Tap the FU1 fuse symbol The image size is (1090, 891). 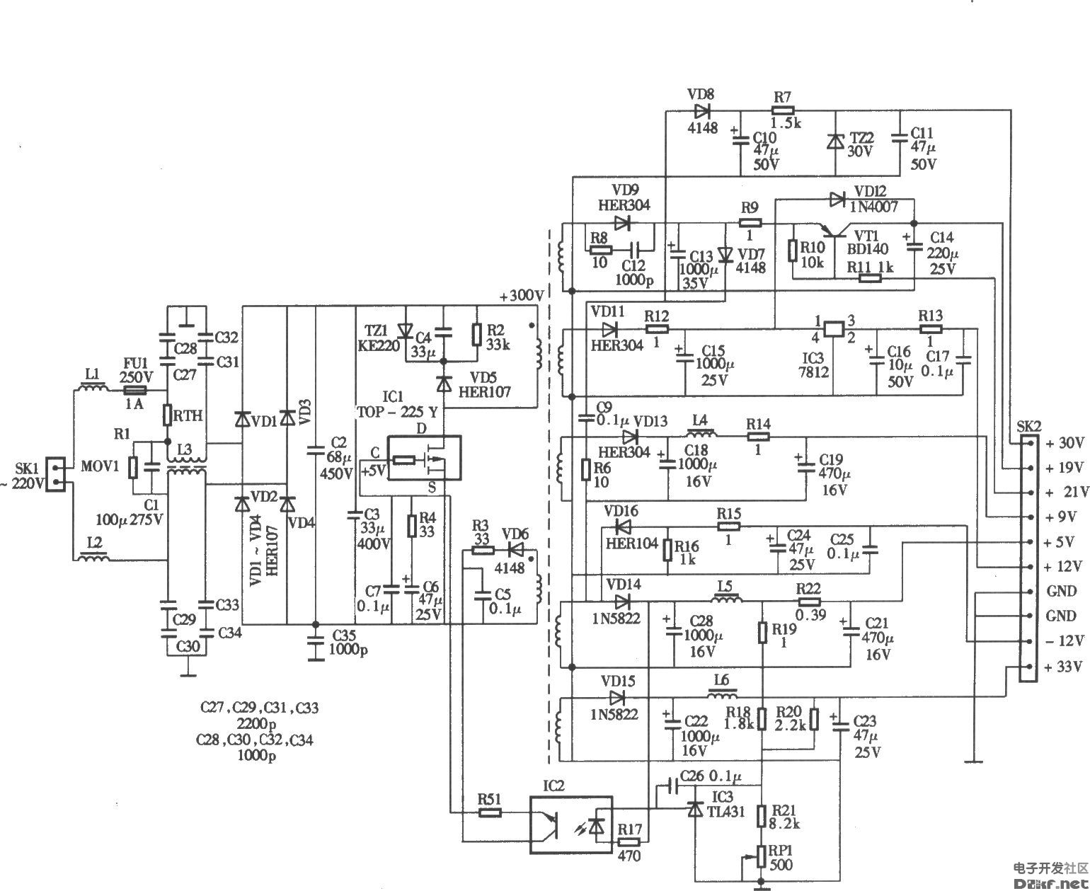134,390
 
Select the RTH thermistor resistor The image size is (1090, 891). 168,415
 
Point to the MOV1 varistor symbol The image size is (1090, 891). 132,468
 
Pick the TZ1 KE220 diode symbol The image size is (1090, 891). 406,330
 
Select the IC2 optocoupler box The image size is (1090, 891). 571,824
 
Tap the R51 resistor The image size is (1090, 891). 490,813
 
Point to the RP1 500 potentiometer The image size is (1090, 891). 762,856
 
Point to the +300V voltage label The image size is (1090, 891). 520,296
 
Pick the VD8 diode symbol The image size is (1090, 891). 702,111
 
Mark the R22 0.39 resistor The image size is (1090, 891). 809,602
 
